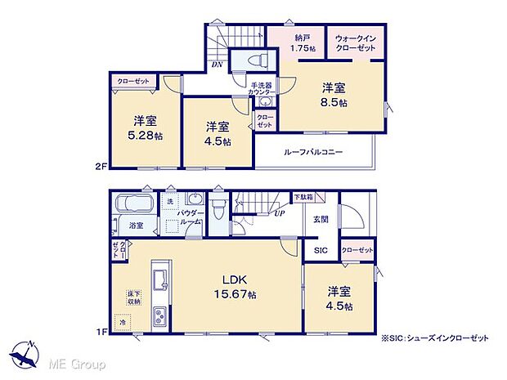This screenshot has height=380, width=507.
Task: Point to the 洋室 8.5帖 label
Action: pyautogui.click(x=333, y=94)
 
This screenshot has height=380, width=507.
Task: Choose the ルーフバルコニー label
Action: pyautogui.click(x=313, y=152)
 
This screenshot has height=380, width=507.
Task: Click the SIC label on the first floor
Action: pyautogui.click(x=319, y=251)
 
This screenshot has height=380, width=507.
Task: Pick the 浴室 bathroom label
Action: pyautogui.click(x=135, y=225)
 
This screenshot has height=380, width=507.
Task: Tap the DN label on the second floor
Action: pyautogui.click(x=217, y=64)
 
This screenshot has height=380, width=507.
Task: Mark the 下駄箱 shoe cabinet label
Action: pyautogui.click(x=303, y=198)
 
